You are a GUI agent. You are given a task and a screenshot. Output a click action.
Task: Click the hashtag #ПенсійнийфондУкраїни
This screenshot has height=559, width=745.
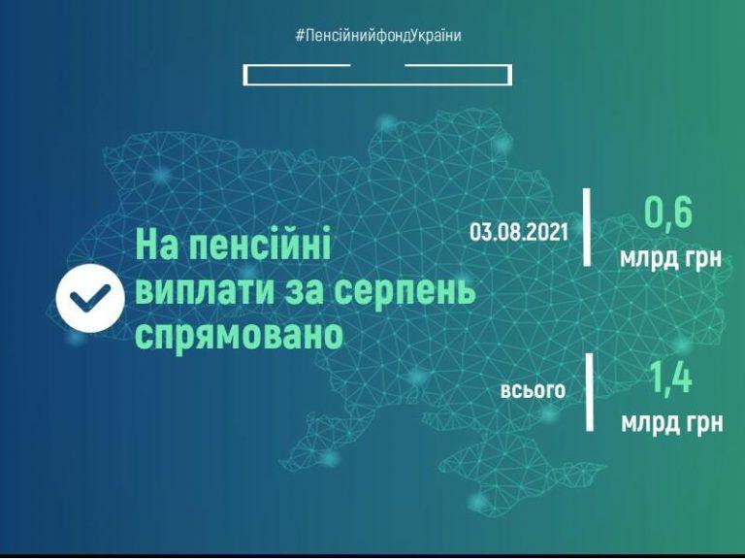pos(378,36)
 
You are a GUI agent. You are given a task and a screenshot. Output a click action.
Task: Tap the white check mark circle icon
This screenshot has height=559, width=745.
pos(90,298)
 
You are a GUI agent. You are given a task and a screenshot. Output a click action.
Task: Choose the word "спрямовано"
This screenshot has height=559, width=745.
pos(240,336)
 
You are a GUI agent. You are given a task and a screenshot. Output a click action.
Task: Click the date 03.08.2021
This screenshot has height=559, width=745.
pos(519,232)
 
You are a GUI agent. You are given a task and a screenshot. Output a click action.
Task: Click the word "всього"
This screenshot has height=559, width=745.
pos(534,390)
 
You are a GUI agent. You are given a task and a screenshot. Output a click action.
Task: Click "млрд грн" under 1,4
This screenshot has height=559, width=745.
pos(672,422)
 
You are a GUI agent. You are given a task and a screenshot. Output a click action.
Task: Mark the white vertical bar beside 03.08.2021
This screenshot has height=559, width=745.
pos(587,227)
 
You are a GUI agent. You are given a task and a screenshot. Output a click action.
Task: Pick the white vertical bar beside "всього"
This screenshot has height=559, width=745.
pos(590,392)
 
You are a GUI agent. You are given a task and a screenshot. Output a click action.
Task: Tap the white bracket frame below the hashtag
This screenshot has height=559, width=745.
pos(377,83)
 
